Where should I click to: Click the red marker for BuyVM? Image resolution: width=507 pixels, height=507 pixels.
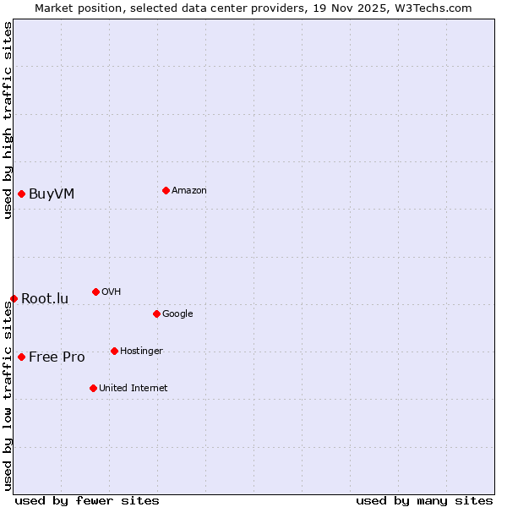coord(21,194)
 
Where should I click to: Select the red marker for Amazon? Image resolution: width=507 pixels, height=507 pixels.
coord(166,190)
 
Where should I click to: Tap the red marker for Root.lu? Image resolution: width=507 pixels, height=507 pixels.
coord(14,298)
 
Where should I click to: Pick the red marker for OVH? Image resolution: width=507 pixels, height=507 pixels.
coord(95,292)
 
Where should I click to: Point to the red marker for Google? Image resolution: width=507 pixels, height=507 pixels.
coord(156,313)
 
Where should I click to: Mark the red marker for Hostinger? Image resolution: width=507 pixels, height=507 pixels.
coord(114,351)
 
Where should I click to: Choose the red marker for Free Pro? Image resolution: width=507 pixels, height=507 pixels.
coord(21,357)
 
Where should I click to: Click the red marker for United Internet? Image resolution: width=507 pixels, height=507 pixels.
coord(93,388)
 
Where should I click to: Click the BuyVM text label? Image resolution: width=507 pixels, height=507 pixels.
coord(52,194)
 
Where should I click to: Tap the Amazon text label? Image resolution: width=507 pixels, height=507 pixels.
coord(189,191)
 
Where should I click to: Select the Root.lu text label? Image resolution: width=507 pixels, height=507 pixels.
coord(45,299)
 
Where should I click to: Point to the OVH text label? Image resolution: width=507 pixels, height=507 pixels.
coord(111,292)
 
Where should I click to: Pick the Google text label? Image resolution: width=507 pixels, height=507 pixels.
coord(177,314)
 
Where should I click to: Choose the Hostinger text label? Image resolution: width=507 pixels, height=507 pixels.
coord(141,352)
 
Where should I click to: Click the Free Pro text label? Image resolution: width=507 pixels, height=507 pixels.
coord(57,357)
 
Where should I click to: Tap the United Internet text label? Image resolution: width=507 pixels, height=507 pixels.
coord(134,389)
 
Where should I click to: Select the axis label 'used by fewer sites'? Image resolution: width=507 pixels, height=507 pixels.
coord(87,500)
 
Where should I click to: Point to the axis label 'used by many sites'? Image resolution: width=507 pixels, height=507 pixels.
coord(424,500)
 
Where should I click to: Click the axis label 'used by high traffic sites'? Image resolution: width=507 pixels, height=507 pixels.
coord(8,120)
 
